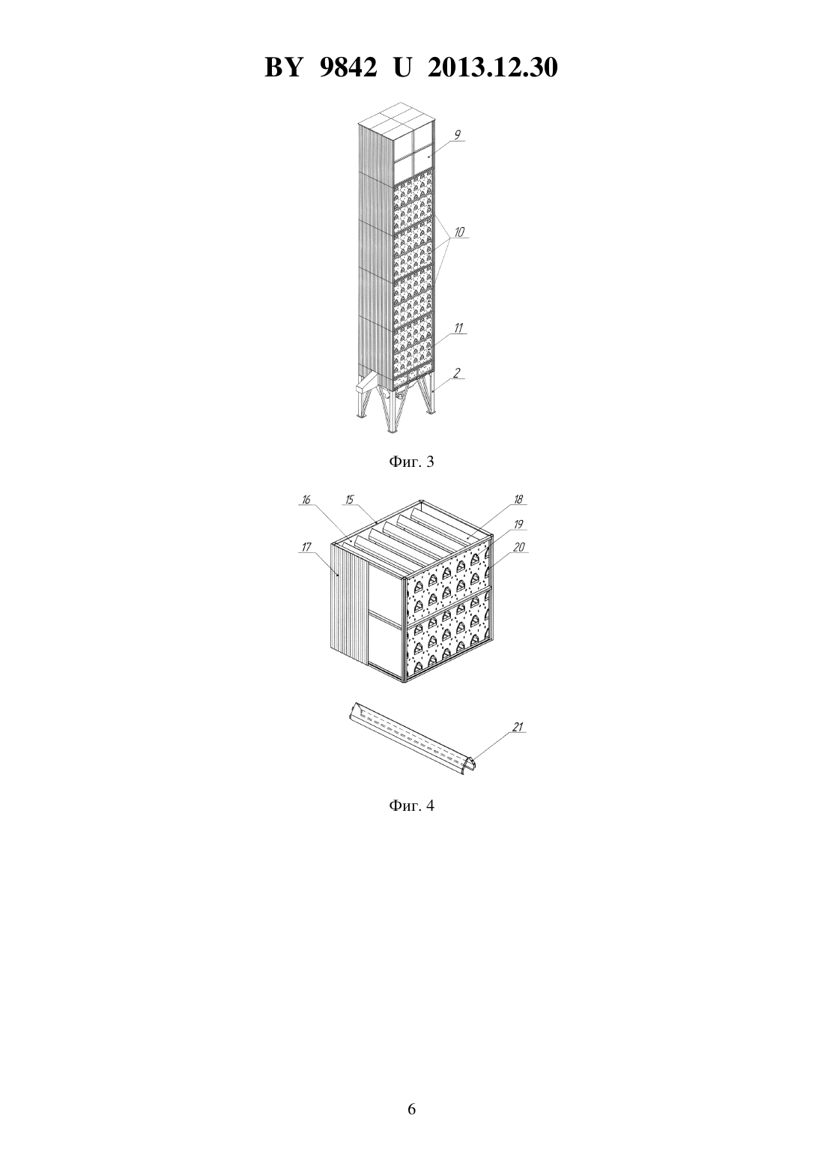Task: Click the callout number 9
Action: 457,135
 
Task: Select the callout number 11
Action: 458,328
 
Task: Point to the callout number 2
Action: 457,372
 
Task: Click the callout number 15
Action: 349,500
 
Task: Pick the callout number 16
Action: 306,500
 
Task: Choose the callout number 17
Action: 306,547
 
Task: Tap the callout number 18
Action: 518,500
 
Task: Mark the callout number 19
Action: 518,525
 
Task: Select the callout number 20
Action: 519,547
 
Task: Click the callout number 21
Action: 518,727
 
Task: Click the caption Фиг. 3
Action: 411,462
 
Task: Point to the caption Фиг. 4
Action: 411,806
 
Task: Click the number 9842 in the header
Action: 347,67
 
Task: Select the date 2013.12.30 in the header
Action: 493,67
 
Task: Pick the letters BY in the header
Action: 283,67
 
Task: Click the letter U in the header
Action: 402,67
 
